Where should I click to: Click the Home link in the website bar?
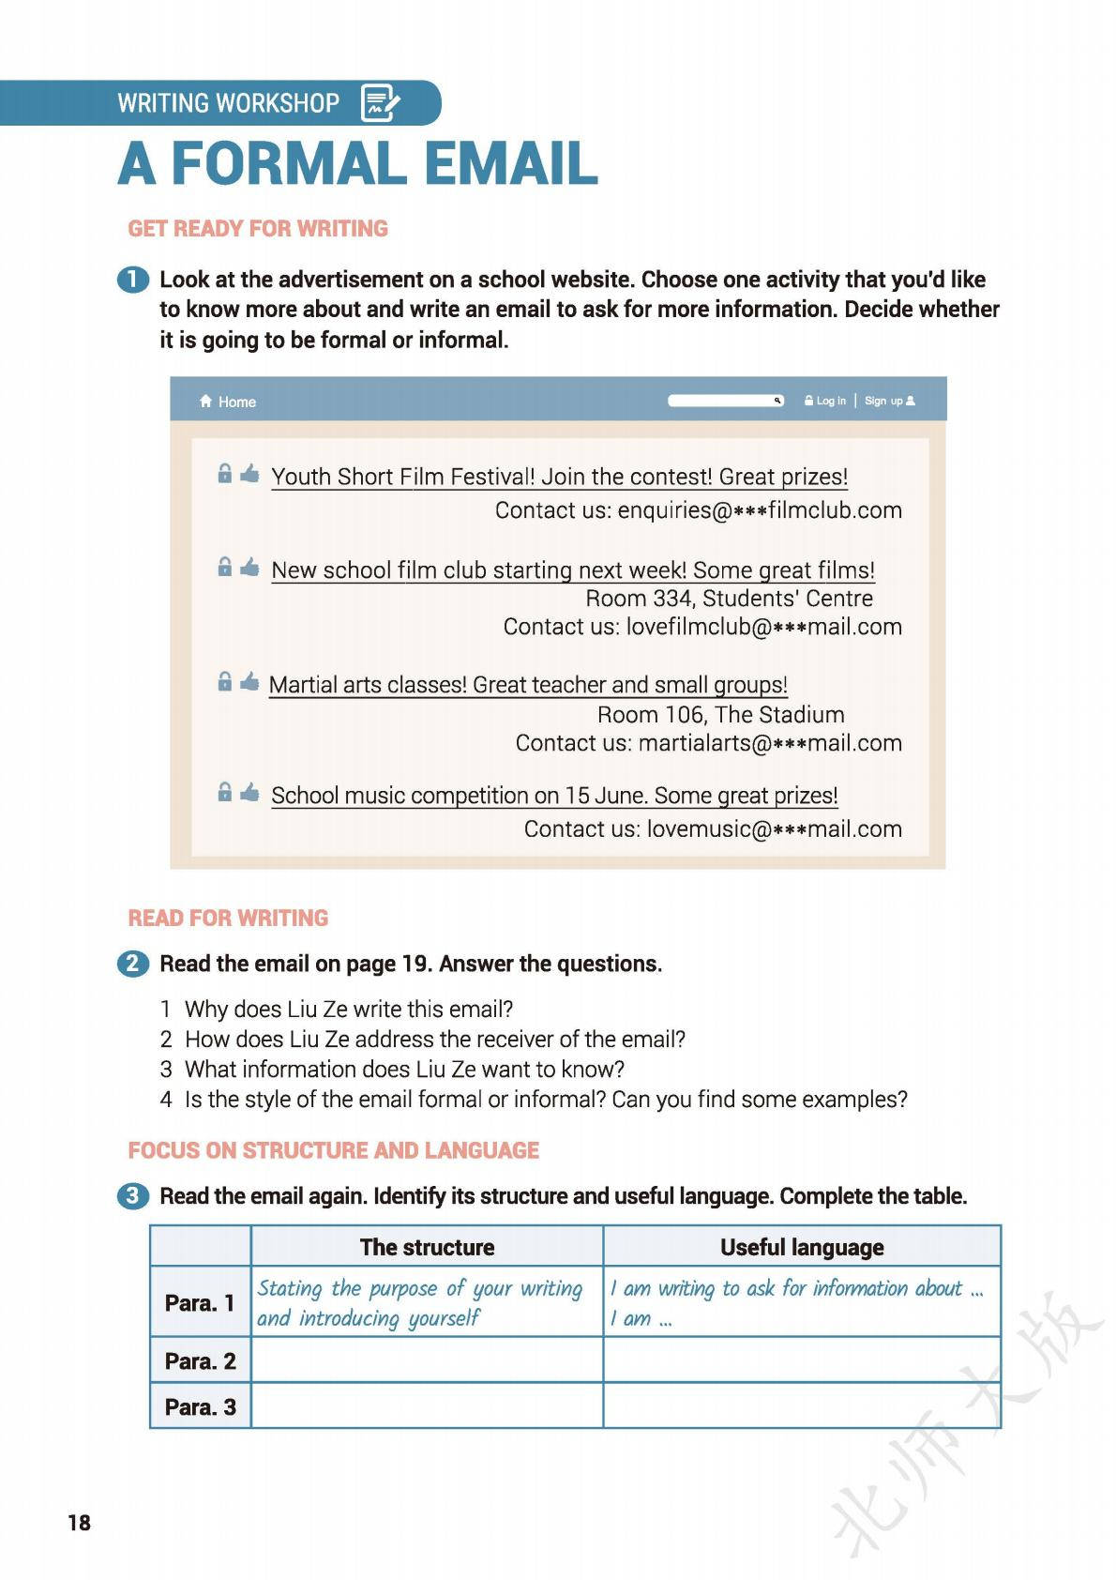coord(228,402)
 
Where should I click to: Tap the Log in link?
coord(825,401)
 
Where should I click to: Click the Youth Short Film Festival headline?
coord(559,477)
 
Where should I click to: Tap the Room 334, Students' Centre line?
coord(729,599)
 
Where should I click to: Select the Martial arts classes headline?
coord(528,685)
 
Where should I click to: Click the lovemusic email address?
coord(774,829)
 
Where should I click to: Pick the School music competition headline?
coord(554,796)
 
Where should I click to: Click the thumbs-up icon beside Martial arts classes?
coord(249,682)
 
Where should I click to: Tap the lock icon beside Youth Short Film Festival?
coord(225,474)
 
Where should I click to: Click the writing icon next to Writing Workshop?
coord(380,103)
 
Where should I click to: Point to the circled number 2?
coord(132,964)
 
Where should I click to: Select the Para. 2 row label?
coord(200,1360)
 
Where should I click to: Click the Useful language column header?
coord(802,1247)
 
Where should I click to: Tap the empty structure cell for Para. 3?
coord(427,1406)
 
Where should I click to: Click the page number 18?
coord(80,1522)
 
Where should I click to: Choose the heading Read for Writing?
coord(228,918)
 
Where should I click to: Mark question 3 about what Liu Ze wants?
coord(403,1070)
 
